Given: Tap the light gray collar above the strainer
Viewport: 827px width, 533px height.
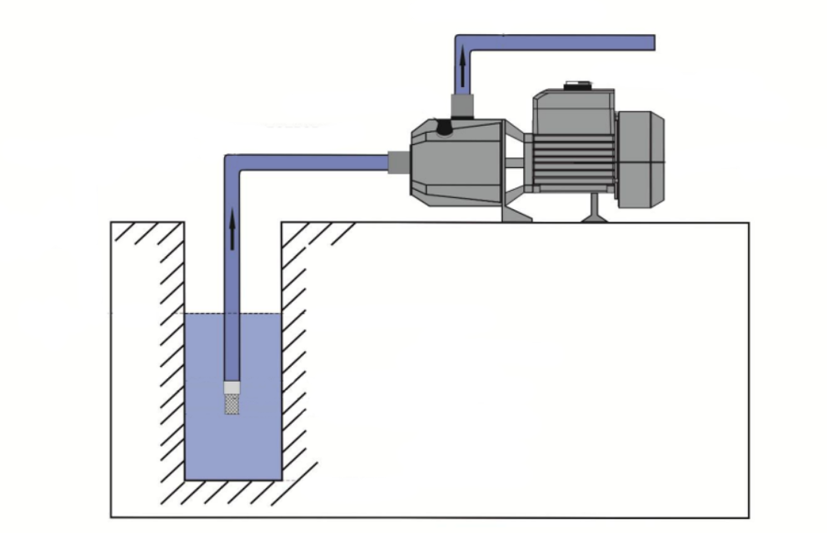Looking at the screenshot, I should [x=232, y=387].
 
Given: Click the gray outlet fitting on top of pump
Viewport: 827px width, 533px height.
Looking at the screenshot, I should [x=461, y=106].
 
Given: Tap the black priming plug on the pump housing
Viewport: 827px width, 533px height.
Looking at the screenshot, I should [x=445, y=128].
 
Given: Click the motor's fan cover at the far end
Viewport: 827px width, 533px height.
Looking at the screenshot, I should [x=640, y=158].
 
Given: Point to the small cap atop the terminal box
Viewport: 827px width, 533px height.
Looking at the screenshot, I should [x=576, y=86].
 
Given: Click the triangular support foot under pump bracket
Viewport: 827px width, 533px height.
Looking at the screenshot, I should [x=515, y=211].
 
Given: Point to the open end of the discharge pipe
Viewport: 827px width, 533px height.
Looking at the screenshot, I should [x=650, y=42].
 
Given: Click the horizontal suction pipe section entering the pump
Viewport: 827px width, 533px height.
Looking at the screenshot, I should [x=316, y=162].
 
